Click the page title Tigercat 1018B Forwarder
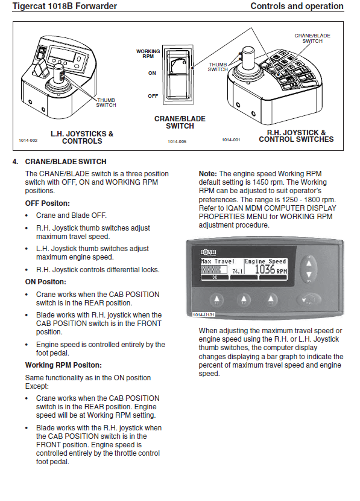coord(65,6)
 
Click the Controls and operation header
coord(297,6)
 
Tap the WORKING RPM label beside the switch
coord(148,54)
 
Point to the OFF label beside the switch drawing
coord(153,96)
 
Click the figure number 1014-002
coord(28,140)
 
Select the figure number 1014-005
coord(177,141)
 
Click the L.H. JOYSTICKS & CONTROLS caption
coord(82,138)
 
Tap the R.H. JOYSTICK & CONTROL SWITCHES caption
coord(296,136)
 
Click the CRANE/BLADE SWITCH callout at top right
coord(312,39)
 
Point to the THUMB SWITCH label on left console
coord(106,103)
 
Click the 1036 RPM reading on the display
coord(271,270)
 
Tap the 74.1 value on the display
coord(238,271)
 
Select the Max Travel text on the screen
coord(218,261)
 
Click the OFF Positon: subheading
coord(47,203)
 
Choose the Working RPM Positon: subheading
coord(63,365)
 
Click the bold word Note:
coord(208,174)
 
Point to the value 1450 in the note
coord(261,182)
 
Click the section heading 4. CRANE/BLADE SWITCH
coord(59,162)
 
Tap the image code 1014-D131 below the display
coord(204,314)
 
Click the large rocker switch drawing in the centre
coord(178,75)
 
